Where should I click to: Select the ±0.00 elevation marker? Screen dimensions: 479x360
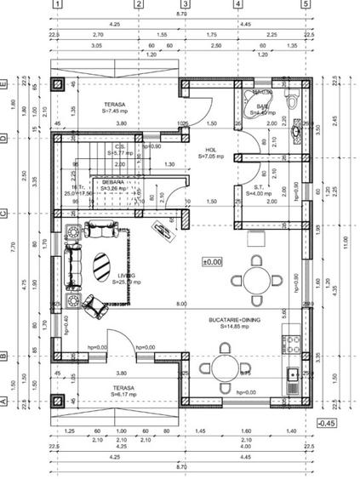(211, 262)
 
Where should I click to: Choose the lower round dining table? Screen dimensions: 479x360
(224, 367)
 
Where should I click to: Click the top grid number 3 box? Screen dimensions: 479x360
(186, 5)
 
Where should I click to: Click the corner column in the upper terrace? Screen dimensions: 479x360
(59, 86)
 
